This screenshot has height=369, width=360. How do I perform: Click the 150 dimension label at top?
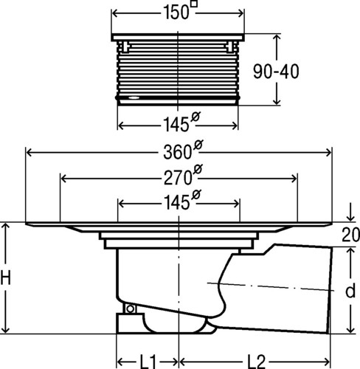(176, 13)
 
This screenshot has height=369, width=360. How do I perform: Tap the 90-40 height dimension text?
(276, 72)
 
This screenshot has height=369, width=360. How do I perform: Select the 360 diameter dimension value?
(178, 152)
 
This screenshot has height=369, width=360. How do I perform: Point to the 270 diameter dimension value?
(178, 178)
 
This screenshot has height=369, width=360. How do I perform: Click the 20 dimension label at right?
(350, 235)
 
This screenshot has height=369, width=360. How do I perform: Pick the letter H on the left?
(5, 277)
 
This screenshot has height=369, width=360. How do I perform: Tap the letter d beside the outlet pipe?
(350, 290)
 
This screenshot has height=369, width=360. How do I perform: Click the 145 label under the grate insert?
(176, 124)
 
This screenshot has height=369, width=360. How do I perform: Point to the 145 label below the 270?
(177, 203)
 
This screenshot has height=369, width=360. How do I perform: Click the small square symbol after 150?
(194, 4)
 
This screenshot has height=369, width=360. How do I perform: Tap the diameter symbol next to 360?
(198, 145)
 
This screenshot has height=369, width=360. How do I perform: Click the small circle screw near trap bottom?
(131, 308)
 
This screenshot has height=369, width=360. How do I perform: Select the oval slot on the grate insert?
(134, 97)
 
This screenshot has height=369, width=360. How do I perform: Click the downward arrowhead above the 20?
(350, 217)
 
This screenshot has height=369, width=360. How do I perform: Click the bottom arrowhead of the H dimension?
(5, 329)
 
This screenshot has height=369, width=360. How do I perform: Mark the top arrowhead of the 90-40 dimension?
(277, 39)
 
